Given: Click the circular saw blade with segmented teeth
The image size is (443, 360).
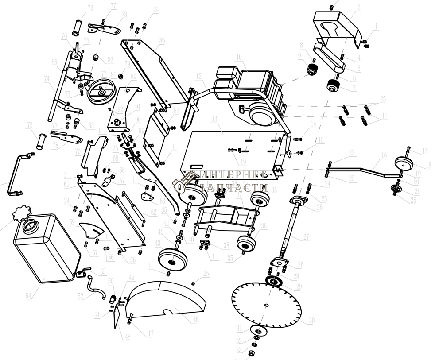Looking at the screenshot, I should [266, 306].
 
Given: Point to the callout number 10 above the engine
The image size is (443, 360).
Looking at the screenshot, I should [238, 57].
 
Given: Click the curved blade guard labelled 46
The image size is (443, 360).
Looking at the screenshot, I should [168, 301].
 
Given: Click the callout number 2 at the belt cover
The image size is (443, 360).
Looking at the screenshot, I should [358, 7].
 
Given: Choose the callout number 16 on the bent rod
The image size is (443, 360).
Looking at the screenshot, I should [383, 155].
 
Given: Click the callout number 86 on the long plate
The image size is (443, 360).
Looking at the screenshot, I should [162, 40].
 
